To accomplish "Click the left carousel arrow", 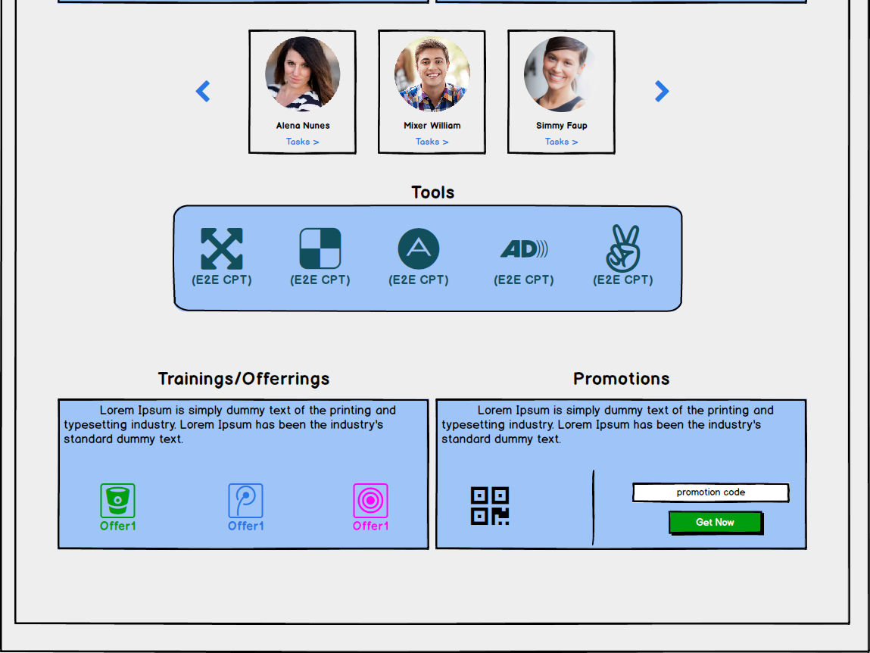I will pos(203,92).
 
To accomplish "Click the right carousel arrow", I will pos(662,92).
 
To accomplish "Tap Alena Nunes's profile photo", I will pos(303,74).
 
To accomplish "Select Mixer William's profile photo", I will pos(432,74).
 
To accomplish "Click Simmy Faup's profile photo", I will pos(561,74).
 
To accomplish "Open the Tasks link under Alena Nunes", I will pos(303,142).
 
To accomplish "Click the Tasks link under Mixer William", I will pos(432,142).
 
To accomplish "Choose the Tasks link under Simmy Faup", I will pos(562,142).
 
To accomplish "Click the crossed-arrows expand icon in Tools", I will pos(222,248).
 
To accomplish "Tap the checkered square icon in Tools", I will pos(320,248).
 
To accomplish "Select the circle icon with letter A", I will pos(419,248).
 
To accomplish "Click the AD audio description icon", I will pos(524,248).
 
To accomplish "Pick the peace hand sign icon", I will pos(623,248).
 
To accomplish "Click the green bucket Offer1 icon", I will pos(118,501).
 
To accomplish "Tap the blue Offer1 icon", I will pos(246,501).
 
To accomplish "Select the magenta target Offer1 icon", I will pos(370,501).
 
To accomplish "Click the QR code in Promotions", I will pos(490,506).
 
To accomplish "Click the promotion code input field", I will pos(711,492).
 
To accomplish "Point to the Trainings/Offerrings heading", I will pos(244,379).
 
